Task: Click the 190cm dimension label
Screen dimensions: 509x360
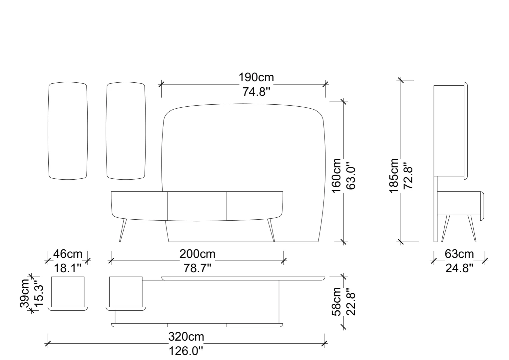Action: pyautogui.click(x=256, y=78)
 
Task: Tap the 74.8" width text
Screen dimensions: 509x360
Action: pyautogui.click(x=256, y=92)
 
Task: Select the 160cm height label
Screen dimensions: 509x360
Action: pyautogui.click(x=336, y=176)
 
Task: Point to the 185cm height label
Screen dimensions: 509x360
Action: pyautogui.click(x=394, y=176)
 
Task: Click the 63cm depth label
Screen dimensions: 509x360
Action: pyautogui.click(x=459, y=254)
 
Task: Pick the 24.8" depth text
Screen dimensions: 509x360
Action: pyautogui.click(x=459, y=268)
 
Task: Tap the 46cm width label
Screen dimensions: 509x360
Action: pyautogui.click(x=68, y=254)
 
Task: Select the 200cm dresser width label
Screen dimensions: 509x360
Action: pyautogui.click(x=198, y=254)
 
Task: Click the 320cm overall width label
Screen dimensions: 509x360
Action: pyautogui.click(x=186, y=337)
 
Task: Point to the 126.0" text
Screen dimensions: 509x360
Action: pyautogui.click(x=186, y=351)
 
